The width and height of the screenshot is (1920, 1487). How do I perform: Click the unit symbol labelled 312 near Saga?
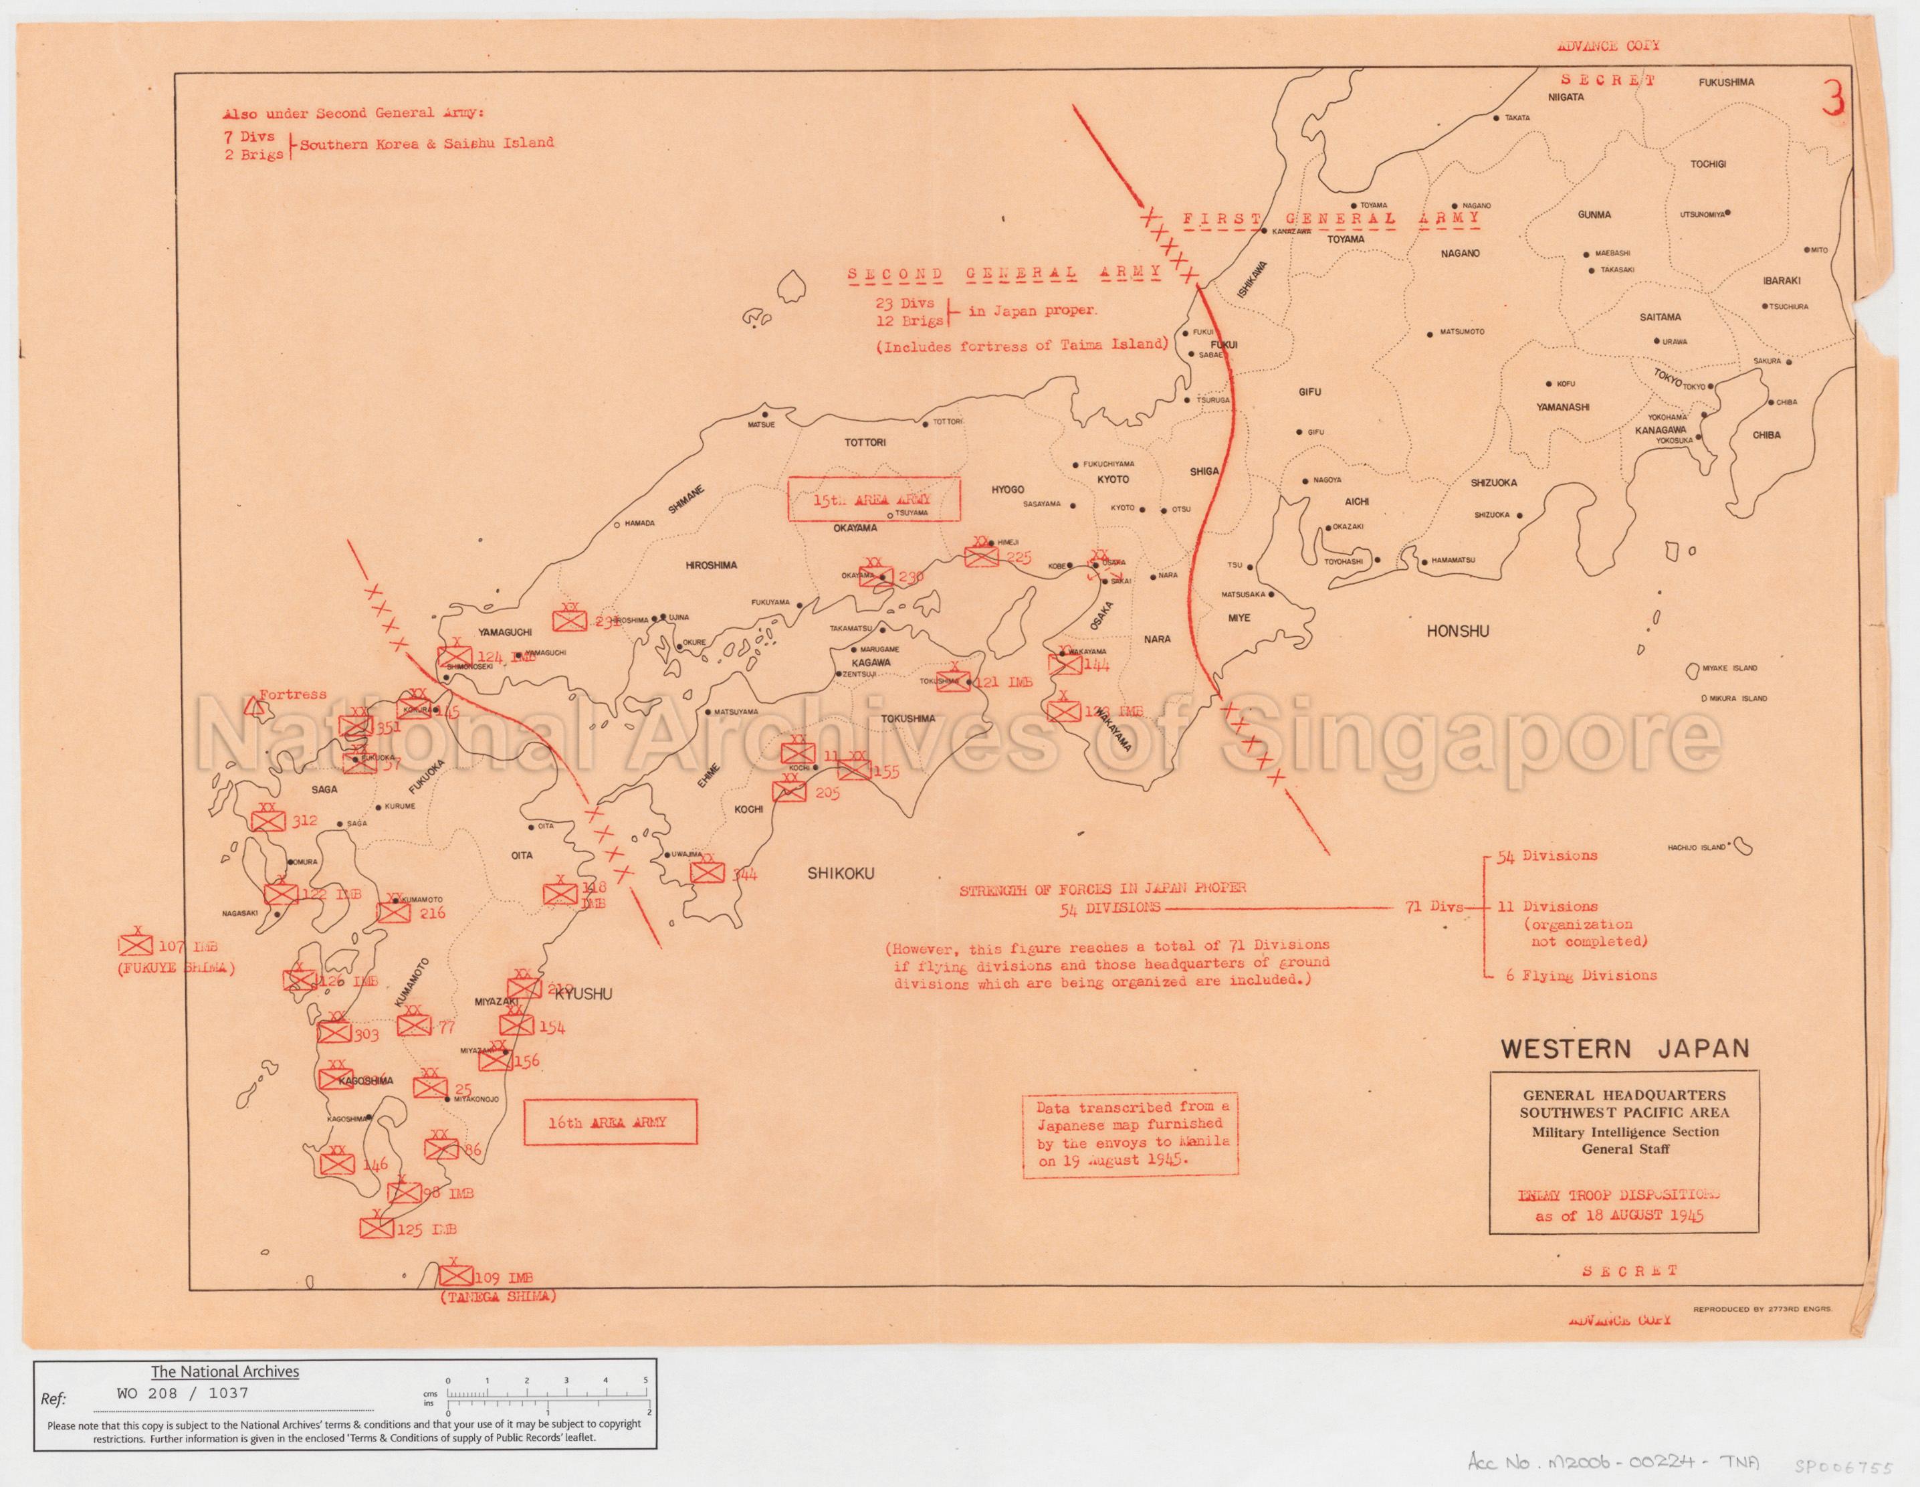click(x=268, y=819)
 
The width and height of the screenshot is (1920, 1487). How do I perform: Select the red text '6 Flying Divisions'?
click(x=1581, y=975)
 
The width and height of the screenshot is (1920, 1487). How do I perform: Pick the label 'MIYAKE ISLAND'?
click(x=1729, y=668)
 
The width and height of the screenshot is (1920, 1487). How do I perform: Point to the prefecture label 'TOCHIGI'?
click(x=1708, y=165)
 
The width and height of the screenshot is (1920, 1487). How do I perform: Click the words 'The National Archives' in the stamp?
click(x=225, y=1371)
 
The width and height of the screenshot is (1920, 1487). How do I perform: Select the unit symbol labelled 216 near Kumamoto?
click(x=394, y=912)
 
